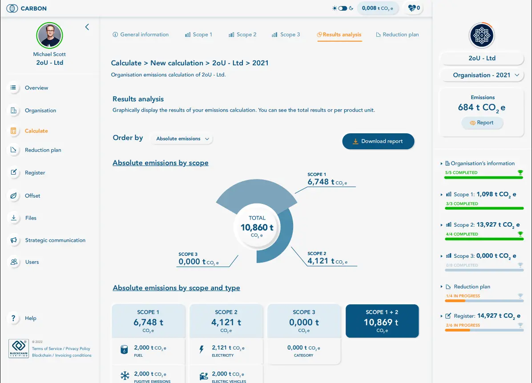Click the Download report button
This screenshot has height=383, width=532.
(378, 141)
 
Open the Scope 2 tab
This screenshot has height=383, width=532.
(242, 35)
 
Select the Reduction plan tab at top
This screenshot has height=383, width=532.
(397, 35)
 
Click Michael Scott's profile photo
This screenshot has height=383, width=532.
(49, 36)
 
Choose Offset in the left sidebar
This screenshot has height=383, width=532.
(32, 195)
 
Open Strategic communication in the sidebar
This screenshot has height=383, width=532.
(55, 240)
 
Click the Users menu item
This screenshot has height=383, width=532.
(32, 262)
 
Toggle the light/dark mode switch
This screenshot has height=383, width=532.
(343, 8)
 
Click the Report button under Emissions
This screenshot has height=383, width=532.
(482, 123)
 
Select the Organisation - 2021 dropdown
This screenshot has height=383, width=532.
(481, 75)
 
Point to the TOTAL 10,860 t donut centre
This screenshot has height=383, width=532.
(257, 227)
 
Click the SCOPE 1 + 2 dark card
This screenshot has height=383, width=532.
(382, 321)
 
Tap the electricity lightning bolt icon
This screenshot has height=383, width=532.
(201, 350)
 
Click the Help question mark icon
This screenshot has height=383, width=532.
(14, 318)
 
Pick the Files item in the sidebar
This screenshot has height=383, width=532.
(31, 218)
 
